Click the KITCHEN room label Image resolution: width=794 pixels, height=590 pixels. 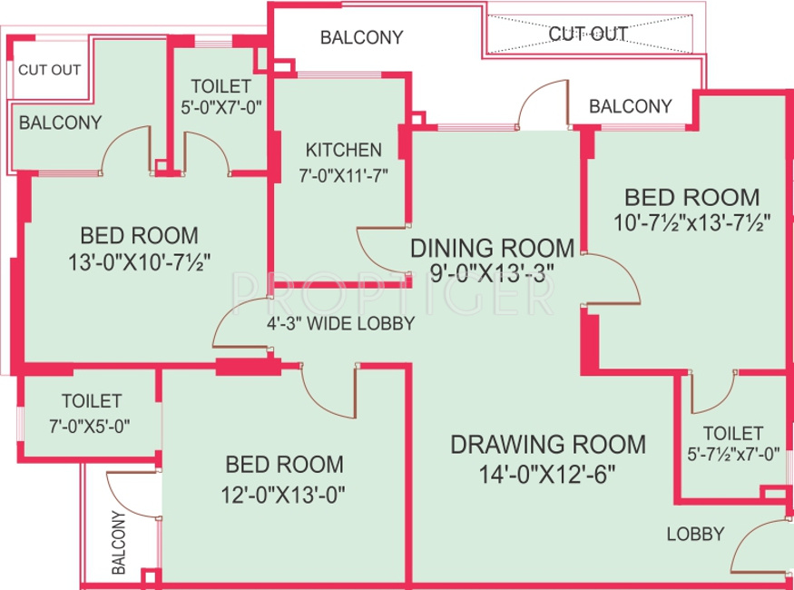click(343, 150)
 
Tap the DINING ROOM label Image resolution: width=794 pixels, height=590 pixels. click(492, 248)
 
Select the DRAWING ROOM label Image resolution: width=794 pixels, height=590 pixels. click(548, 444)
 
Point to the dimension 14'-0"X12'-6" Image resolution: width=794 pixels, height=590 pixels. click(548, 473)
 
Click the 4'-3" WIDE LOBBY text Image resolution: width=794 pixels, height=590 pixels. click(340, 323)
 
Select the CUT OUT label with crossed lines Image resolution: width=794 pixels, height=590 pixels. click(588, 34)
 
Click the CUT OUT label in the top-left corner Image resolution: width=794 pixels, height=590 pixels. click(50, 69)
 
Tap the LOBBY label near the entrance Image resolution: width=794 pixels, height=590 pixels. click(695, 534)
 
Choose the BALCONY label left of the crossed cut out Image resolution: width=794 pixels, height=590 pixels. click(361, 37)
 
